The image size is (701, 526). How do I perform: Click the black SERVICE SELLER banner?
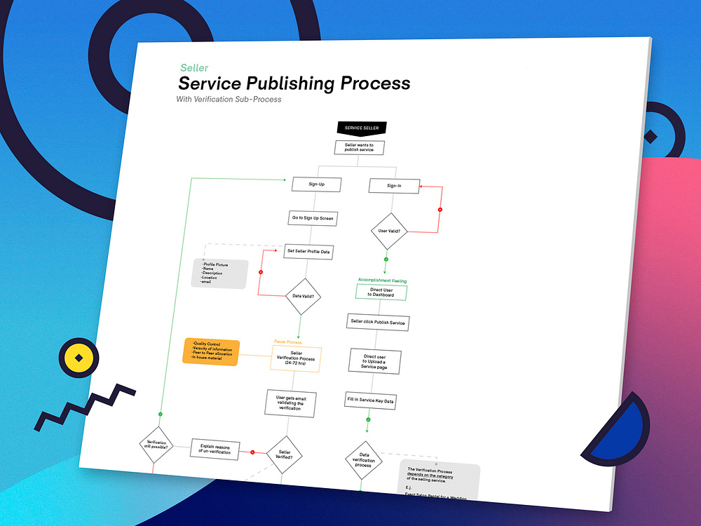[x=361, y=128]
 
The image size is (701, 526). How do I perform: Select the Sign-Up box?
[x=317, y=184]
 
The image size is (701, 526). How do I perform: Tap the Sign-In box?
[x=395, y=186]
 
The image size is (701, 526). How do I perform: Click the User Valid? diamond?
[x=388, y=231]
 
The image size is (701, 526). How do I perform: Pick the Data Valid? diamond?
[x=302, y=296]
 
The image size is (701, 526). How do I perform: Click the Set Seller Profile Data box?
[x=308, y=252]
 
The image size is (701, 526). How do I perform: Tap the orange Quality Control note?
[x=211, y=351]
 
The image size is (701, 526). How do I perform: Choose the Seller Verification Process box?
[x=296, y=359]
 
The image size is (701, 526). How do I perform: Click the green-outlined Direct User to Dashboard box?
[x=381, y=292]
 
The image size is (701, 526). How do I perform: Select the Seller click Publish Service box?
[x=377, y=322]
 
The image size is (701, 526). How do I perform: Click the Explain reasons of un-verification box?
[x=215, y=449]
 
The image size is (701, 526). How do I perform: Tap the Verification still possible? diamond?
[x=156, y=445]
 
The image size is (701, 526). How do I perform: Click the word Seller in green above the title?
[x=194, y=68]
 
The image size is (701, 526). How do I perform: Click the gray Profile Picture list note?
[x=219, y=274]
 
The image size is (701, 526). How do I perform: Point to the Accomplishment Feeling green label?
[x=382, y=281]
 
